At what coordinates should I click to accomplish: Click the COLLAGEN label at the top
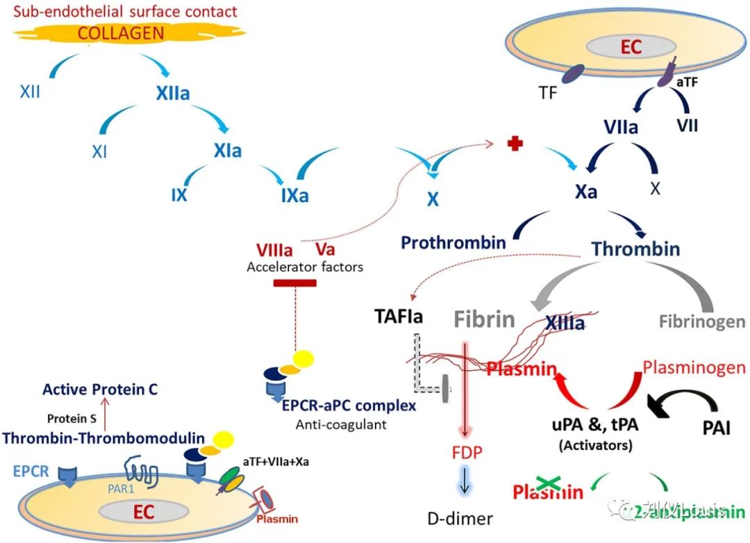[x=121, y=33]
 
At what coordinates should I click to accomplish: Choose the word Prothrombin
[x=453, y=243]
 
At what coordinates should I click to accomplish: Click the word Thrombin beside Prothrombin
[x=635, y=249]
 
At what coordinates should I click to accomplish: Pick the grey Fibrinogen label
[x=702, y=322]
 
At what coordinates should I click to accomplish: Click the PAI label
[x=716, y=426]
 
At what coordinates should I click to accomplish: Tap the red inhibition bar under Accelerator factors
[x=295, y=283]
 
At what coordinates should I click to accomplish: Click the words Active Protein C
[x=100, y=390]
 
